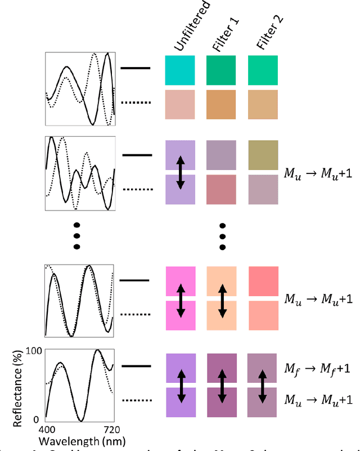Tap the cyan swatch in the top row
pyautogui.click(x=180, y=70)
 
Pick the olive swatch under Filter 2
pyautogui.click(x=263, y=154)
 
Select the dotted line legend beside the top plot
pyautogui.click(x=137, y=102)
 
